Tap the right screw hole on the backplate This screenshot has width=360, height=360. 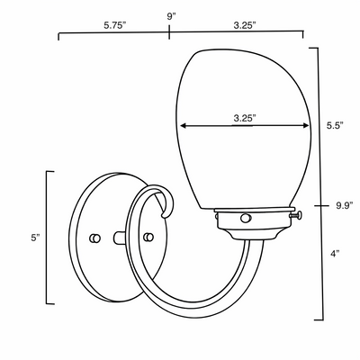[x=148, y=237]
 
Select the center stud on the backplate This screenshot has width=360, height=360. [x=121, y=238]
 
